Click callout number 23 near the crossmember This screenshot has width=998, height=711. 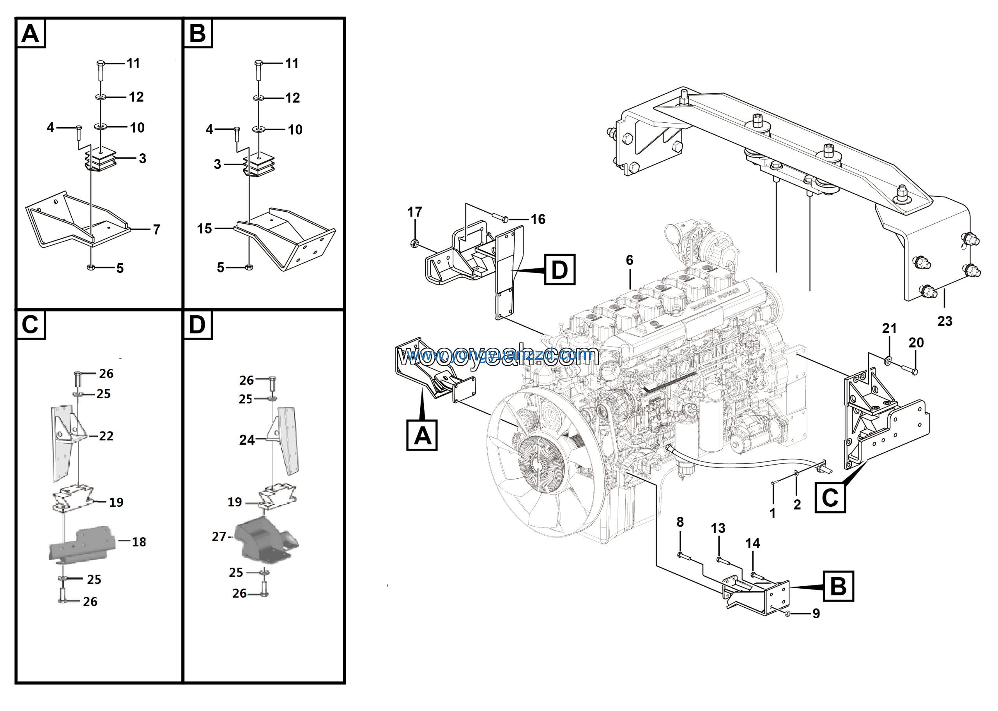(945, 321)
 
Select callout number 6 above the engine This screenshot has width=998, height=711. (630, 260)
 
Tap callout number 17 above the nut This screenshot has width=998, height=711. (414, 212)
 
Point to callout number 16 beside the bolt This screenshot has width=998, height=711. (538, 219)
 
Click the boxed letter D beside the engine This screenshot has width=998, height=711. (559, 270)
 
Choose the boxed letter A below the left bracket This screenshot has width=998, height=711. (422, 436)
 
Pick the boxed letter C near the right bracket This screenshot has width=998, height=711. (830, 498)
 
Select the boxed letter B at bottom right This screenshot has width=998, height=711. (838, 586)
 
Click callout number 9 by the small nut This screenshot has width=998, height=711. (816, 614)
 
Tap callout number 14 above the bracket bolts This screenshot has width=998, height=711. (752, 543)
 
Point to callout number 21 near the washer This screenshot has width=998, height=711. (889, 328)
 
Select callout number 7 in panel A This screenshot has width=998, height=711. (156, 230)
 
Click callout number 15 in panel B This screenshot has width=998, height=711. (204, 228)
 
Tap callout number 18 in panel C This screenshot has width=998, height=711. (139, 542)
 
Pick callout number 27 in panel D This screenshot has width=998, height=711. (219, 537)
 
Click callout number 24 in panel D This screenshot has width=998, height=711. (247, 440)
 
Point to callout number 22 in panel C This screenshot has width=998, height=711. (106, 436)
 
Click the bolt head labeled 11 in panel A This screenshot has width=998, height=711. (100, 64)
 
